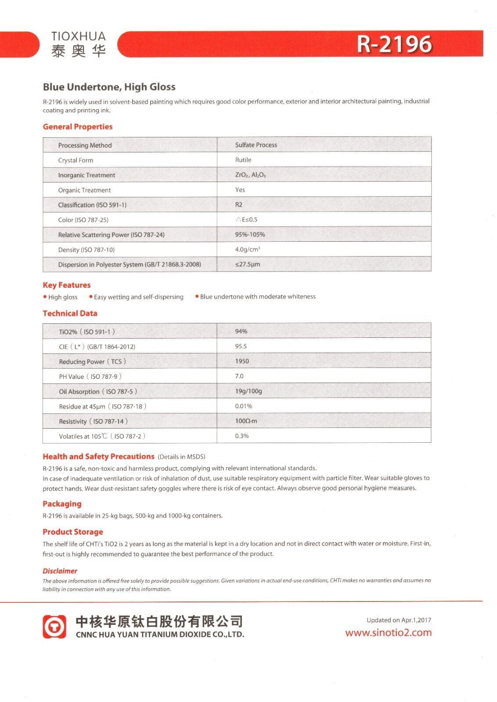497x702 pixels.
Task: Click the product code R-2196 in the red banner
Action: point(393,44)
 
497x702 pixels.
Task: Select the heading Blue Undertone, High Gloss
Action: point(109,87)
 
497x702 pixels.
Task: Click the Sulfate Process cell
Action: point(256,145)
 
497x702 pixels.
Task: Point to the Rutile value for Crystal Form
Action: point(243,160)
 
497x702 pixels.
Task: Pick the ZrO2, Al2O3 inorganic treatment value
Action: point(250,175)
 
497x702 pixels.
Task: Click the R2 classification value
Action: point(239,204)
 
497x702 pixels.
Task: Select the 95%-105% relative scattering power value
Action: point(250,234)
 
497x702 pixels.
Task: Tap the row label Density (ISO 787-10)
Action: point(86,250)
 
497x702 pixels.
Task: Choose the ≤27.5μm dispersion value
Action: point(248,264)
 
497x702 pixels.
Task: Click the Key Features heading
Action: point(66,285)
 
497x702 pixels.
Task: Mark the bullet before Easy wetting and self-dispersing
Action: point(90,297)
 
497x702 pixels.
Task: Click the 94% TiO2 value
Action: point(241,331)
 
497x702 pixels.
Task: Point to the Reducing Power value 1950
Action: point(242,361)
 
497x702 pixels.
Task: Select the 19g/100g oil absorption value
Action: point(248,391)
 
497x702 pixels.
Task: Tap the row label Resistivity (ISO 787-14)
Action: point(93,421)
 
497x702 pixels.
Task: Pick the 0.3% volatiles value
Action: point(242,436)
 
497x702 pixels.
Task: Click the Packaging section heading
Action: point(62,504)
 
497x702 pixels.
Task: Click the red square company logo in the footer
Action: point(54,626)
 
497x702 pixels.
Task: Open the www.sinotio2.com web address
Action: point(388,633)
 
